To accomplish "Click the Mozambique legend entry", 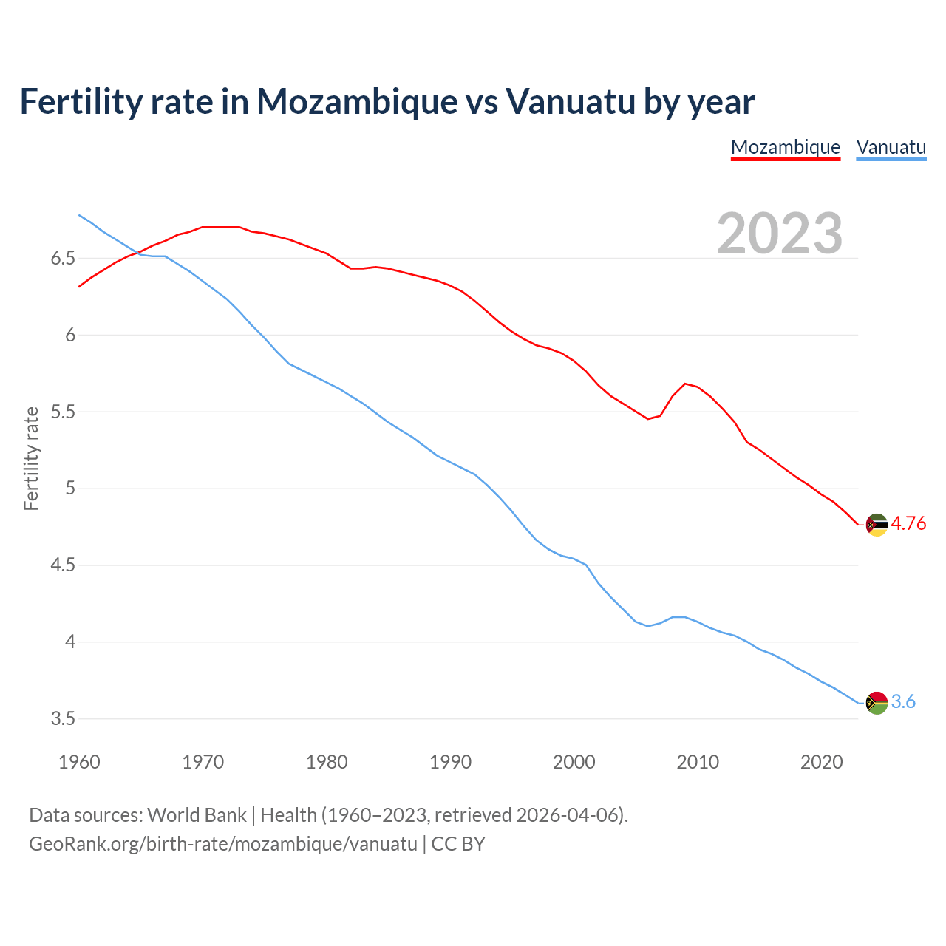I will point(785,147).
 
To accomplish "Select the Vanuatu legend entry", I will point(891,147).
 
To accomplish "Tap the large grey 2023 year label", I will point(780,234).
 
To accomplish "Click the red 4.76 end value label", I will point(908,524).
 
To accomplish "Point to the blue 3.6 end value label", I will point(903,702).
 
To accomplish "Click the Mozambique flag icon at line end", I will point(877,525).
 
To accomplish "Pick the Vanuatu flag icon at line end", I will point(877,702).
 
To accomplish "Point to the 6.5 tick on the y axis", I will point(63,259).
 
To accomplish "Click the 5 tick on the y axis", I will point(70,489).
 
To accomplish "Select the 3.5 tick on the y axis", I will point(63,719).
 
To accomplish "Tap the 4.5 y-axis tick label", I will point(63,565).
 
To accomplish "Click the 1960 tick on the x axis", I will point(79,762).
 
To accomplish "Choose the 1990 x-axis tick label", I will point(450,762).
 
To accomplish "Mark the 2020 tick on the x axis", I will point(821,762).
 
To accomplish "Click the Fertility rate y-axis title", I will point(31,458).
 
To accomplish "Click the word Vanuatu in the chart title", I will point(570,102).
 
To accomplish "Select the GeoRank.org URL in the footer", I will point(223,844).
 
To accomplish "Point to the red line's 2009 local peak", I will point(686,384).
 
